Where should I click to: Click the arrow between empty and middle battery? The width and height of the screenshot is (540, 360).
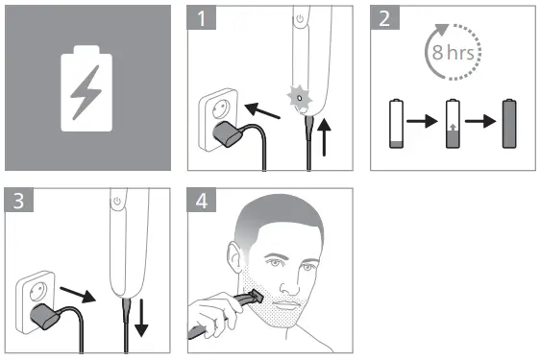point(424,125)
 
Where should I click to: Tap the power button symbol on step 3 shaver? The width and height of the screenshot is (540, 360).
point(117,202)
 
